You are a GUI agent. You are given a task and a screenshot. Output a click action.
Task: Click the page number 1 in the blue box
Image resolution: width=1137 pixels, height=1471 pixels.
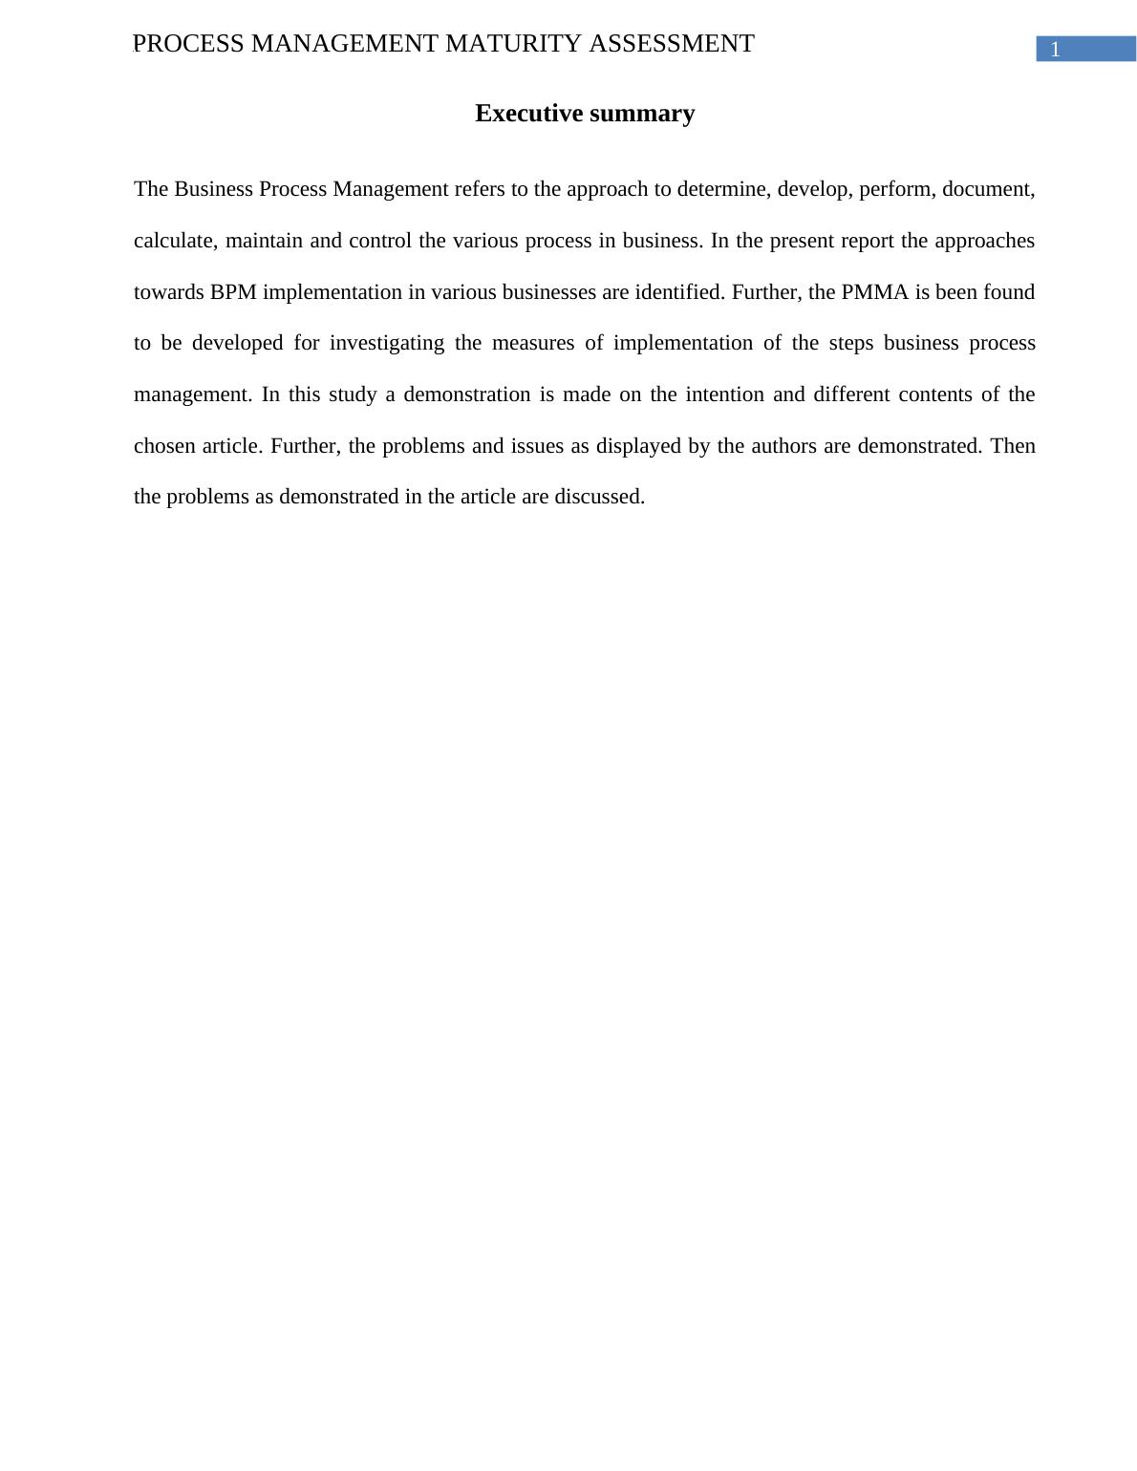(x=1055, y=51)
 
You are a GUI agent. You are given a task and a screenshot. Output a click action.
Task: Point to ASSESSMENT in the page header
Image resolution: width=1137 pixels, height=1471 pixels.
(x=672, y=44)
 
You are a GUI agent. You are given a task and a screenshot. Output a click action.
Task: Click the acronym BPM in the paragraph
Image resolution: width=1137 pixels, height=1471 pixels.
(x=233, y=292)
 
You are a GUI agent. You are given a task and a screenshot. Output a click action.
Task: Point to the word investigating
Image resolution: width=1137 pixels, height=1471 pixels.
(x=387, y=344)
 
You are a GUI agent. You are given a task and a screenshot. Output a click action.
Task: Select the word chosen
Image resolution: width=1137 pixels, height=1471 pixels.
(x=164, y=446)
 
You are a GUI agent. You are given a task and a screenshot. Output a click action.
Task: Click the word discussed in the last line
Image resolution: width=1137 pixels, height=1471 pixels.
(x=599, y=497)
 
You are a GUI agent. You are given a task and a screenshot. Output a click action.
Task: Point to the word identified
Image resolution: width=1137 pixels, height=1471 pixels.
(x=678, y=292)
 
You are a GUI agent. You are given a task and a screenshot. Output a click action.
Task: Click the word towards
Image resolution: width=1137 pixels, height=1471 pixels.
(x=168, y=292)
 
